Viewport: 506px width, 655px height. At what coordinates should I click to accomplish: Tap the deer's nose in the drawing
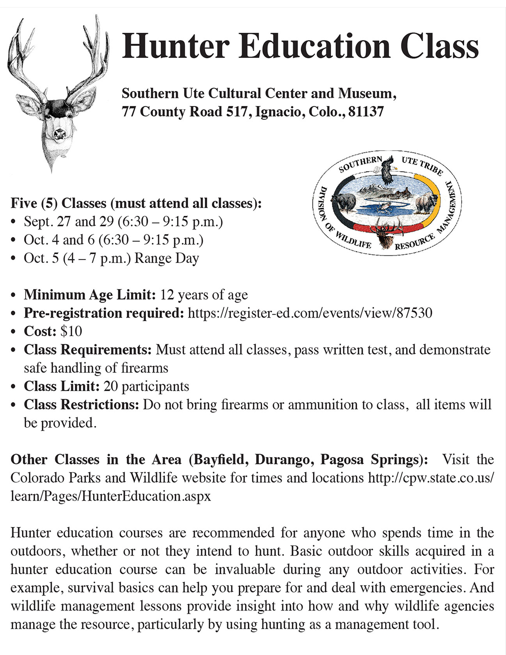point(59,135)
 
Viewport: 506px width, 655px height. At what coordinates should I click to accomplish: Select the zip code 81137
point(366,112)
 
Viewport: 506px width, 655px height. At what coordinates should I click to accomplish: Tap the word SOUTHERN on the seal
point(360,164)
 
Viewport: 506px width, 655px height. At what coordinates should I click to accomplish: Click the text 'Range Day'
point(167,258)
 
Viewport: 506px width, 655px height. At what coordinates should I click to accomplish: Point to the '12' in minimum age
point(167,295)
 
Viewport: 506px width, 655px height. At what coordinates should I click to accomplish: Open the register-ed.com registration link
point(310,313)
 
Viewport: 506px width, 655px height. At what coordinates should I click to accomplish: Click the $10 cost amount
point(71,331)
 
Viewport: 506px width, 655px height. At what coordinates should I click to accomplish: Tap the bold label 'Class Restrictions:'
point(81,405)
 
